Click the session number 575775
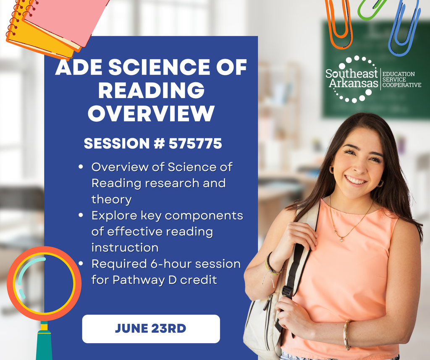(x=195, y=144)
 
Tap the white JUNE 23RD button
(x=151, y=329)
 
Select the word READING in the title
(x=151, y=90)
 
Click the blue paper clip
(x=404, y=29)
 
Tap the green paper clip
(x=371, y=8)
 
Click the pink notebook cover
(x=67, y=17)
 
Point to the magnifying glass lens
(x=44, y=284)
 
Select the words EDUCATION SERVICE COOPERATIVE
(x=401, y=79)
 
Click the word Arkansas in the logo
(x=353, y=83)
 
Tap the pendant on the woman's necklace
(x=341, y=240)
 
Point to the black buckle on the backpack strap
(x=287, y=291)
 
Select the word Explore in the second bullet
(x=112, y=216)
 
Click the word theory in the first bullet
(x=111, y=199)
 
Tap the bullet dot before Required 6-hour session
(x=80, y=264)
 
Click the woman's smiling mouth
(x=356, y=180)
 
